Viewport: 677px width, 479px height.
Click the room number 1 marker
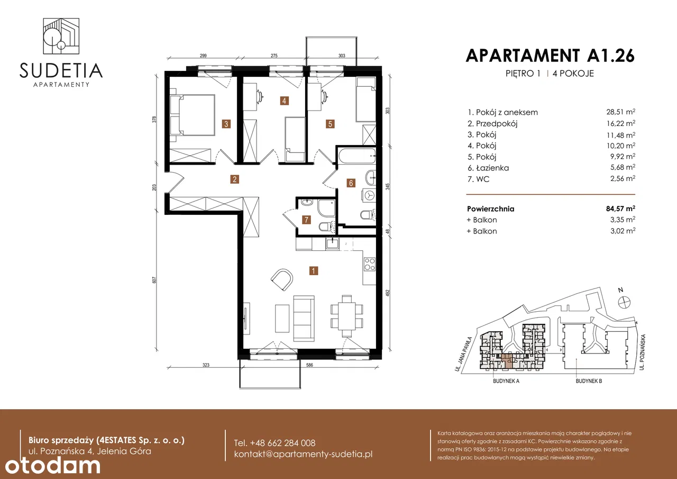click(314, 270)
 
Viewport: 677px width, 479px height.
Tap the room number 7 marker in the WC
click(306, 220)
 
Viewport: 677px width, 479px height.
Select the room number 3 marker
click(226, 124)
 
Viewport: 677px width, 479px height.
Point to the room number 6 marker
click(351, 183)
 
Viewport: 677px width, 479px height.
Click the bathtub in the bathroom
click(357, 156)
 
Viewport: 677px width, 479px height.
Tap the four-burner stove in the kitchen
click(370, 264)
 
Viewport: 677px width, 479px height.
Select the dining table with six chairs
click(346, 316)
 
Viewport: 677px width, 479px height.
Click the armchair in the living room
click(282, 279)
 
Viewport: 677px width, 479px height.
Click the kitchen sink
click(333, 243)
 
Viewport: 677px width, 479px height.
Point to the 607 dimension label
click(154, 280)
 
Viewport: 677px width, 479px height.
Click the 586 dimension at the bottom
click(309, 365)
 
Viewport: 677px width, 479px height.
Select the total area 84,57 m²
click(620, 209)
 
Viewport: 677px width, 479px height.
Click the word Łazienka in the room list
click(492, 168)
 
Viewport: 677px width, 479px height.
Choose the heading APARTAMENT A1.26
click(550, 56)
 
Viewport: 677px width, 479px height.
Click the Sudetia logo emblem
click(61, 36)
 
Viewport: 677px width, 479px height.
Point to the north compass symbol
click(624, 302)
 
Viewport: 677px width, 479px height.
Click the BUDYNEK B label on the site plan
click(589, 381)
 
